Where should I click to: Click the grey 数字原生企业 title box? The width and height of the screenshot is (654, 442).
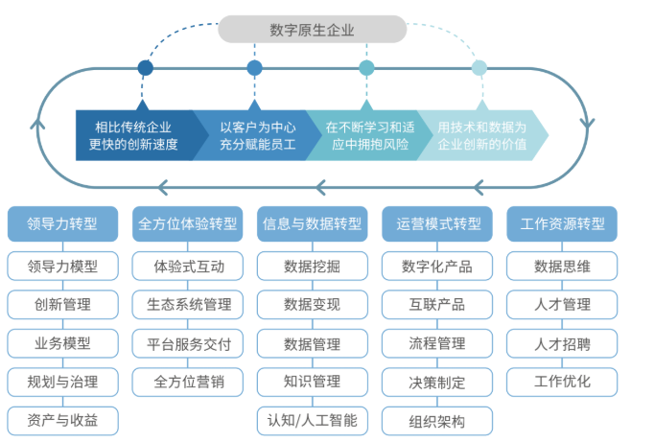313,30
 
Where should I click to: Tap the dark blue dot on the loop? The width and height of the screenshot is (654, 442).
145,68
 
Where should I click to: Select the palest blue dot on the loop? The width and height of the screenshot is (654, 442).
479,68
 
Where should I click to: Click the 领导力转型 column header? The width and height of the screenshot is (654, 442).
63,223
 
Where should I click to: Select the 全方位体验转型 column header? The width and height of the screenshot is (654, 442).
188,223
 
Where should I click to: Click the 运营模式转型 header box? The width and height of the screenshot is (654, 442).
437,223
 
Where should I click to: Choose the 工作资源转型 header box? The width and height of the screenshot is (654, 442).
562,223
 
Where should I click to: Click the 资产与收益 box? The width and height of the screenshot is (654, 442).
63,419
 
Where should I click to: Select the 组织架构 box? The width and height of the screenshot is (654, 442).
437,420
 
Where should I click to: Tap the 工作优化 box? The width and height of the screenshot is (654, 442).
562,381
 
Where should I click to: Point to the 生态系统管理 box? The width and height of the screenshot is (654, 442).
188,304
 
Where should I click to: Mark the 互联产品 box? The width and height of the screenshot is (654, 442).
437,304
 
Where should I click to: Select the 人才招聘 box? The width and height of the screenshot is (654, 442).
562,342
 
